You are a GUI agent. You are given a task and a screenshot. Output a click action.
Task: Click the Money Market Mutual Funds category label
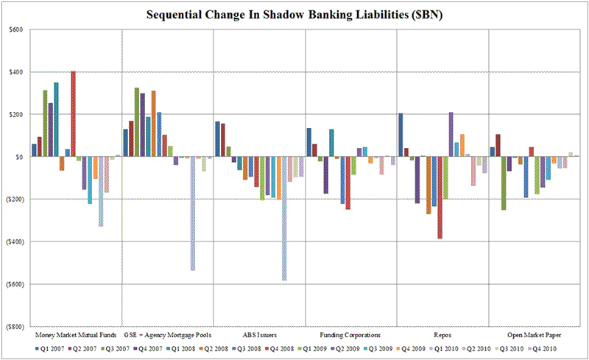pyautogui.click(x=75, y=334)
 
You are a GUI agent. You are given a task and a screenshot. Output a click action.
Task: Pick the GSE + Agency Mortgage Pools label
pyautogui.click(x=167, y=334)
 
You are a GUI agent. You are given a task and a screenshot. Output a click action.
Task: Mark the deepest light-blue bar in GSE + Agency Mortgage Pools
pyautogui.click(x=192, y=213)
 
